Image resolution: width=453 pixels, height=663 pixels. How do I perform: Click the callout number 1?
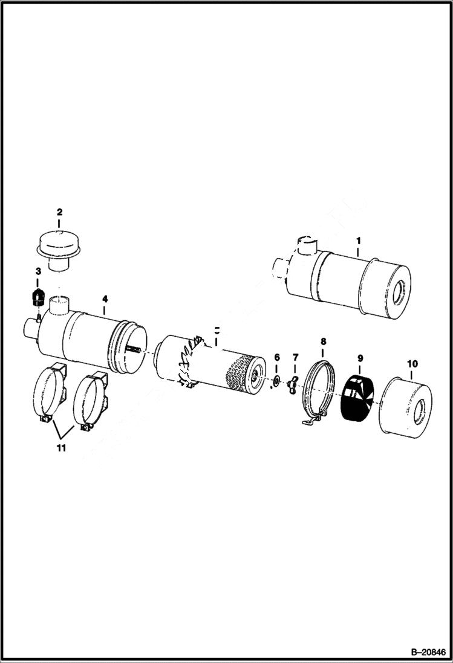(357, 241)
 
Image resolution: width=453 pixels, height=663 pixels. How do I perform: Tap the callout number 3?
(37, 271)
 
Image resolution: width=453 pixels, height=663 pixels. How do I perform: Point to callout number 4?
(105, 299)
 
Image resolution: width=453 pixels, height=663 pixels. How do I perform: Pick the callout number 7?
(295, 359)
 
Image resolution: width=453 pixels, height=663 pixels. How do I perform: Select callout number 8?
(323, 341)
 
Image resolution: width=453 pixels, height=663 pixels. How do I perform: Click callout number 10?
(412, 363)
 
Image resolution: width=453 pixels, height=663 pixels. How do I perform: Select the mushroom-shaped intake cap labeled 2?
(59, 248)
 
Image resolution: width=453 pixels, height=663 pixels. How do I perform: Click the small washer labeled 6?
(276, 380)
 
